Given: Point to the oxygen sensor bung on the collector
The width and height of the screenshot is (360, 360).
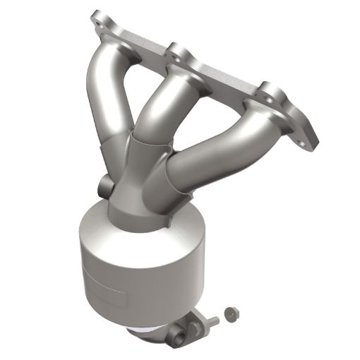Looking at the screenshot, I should pos(106,188).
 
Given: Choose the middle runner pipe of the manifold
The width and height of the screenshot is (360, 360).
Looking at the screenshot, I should pos(159,106).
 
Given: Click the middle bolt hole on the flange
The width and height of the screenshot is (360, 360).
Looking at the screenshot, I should pos(176,51).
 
